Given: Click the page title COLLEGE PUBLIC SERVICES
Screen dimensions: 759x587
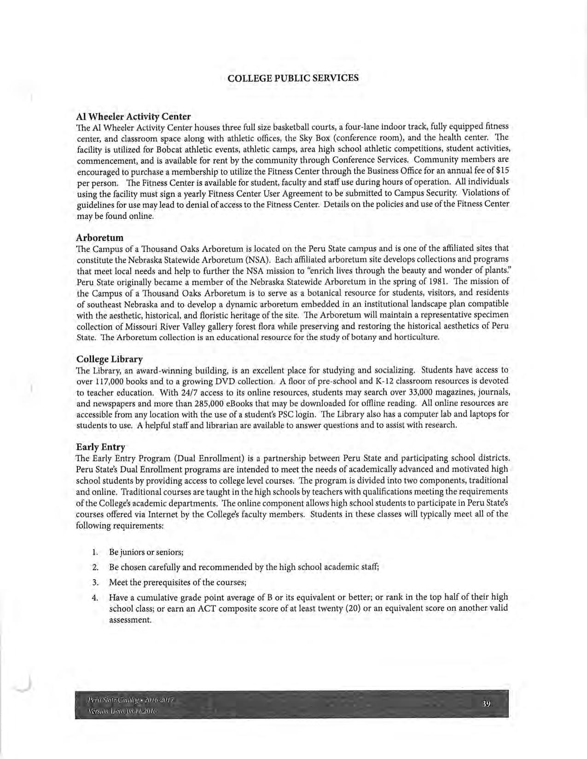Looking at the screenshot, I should click(293, 78).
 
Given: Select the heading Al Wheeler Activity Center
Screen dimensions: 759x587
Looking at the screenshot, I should click(133, 116).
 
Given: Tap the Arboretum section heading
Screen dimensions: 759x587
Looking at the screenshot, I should click(99, 238).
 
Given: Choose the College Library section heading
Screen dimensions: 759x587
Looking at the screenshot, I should click(109, 359).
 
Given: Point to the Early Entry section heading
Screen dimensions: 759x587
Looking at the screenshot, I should click(100, 447).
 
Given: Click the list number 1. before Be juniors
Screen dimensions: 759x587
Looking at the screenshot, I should click(94, 552).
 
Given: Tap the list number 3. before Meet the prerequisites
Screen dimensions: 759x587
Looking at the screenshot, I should click(95, 582).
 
